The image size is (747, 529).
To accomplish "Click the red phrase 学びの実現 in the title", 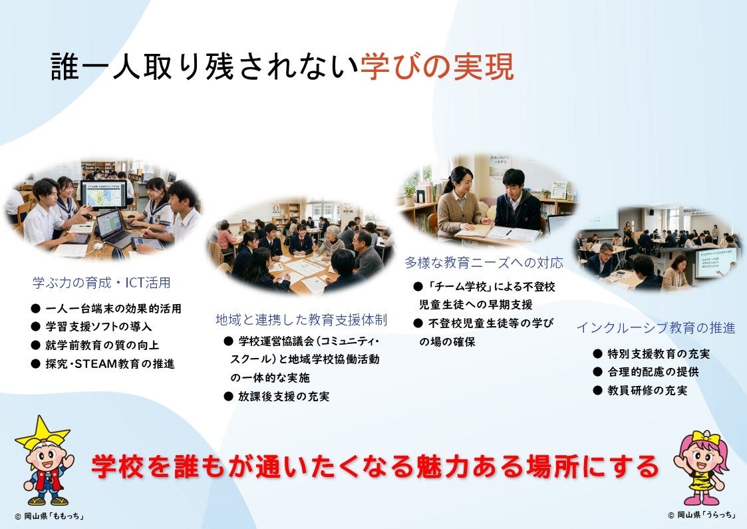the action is click(x=437, y=67).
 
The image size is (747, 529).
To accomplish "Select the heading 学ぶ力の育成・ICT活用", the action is click(x=102, y=283).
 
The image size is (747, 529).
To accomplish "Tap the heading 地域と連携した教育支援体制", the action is click(x=301, y=320).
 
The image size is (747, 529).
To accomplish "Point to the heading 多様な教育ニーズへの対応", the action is click(x=484, y=263).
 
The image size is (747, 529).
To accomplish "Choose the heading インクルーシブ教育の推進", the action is click(x=655, y=328).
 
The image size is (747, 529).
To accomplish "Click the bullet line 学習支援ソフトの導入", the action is click(x=92, y=327).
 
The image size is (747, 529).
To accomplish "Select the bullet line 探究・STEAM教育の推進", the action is click(x=103, y=363).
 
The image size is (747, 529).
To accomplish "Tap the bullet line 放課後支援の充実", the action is click(x=277, y=396).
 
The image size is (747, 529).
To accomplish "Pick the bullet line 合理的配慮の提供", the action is click(x=646, y=372).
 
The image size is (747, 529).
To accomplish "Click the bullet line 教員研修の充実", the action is click(x=641, y=391).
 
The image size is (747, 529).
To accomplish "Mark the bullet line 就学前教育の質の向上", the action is click(x=95, y=345).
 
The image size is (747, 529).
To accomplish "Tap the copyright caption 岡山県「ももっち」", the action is click(x=49, y=516).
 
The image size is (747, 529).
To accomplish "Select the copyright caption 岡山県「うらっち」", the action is click(x=702, y=515).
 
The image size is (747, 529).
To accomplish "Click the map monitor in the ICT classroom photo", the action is click(x=103, y=194).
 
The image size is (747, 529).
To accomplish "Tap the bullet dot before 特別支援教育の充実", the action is click(x=598, y=353).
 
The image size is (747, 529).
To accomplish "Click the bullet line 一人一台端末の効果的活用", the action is click(x=106, y=308).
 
